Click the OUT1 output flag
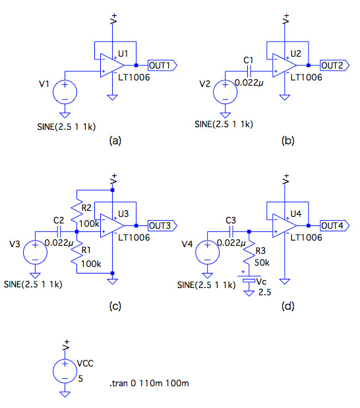[162, 65]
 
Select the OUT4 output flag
[335, 225]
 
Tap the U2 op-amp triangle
[284, 65]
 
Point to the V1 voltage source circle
[65, 92]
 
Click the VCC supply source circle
[65, 371]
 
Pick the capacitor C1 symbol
[249, 71]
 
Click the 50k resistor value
[262, 263]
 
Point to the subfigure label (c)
[115, 306]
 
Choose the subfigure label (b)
[287, 140]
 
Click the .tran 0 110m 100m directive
[149, 383]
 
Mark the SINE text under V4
[206, 285]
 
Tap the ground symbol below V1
[65, 115]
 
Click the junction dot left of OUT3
[136, 225]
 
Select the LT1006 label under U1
[134, 77]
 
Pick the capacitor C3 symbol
[231, 231]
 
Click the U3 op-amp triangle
[112, 225]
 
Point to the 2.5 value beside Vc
[265, 292]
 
